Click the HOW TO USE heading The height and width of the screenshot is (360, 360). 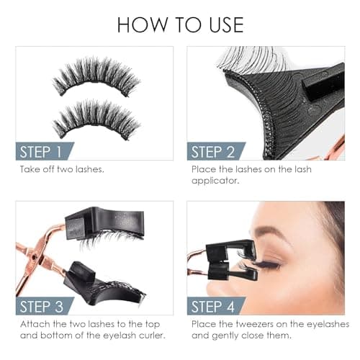180,23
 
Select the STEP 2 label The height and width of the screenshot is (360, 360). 212,151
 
